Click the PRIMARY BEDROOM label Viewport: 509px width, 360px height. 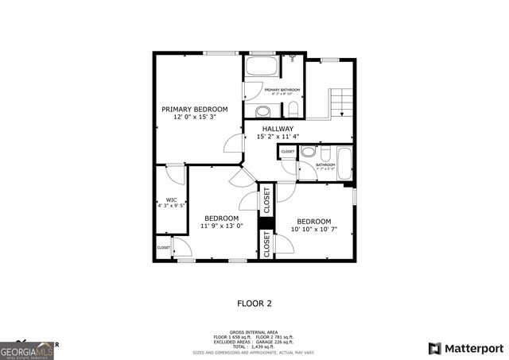[x=195, y=109]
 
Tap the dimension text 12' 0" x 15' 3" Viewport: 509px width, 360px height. [x=195, y=118]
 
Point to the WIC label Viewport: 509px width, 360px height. [x=171, y=199]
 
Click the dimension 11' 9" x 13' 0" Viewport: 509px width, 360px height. [x=221, y=226]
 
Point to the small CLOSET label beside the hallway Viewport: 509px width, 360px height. [x=287, y=151]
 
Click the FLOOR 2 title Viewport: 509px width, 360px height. [x=254, y=303]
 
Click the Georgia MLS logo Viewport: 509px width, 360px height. [x=26, y=349]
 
